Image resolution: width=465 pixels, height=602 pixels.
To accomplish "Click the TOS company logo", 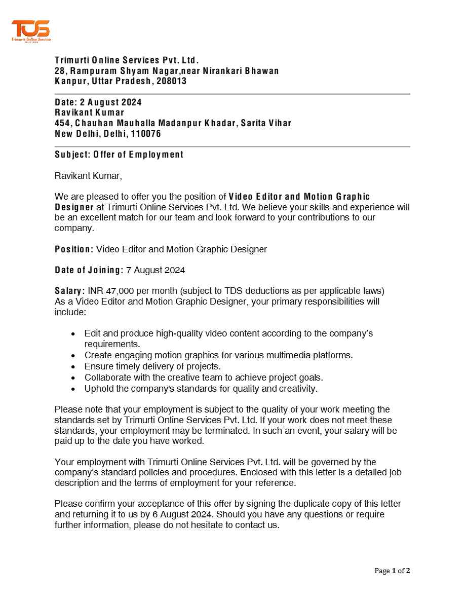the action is point(31,31).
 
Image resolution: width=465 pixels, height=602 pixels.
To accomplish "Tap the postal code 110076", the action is point(146,134).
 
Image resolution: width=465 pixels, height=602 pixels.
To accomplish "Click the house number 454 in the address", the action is point(63,123).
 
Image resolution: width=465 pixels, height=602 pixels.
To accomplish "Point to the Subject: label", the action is point(72,155).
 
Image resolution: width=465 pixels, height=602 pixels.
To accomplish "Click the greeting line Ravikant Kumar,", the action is point(88,176).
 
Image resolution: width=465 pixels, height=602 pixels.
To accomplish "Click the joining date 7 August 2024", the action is point(156,270).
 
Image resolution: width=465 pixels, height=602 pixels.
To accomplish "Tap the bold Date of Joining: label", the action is point(89,270).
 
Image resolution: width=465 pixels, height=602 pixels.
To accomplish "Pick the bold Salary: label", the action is point(69,291).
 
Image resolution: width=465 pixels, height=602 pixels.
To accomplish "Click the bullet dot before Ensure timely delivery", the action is point(74,367).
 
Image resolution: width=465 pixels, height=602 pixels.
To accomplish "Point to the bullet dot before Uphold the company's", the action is point(74,389).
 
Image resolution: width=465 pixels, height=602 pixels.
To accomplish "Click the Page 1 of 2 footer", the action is point(392,571).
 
